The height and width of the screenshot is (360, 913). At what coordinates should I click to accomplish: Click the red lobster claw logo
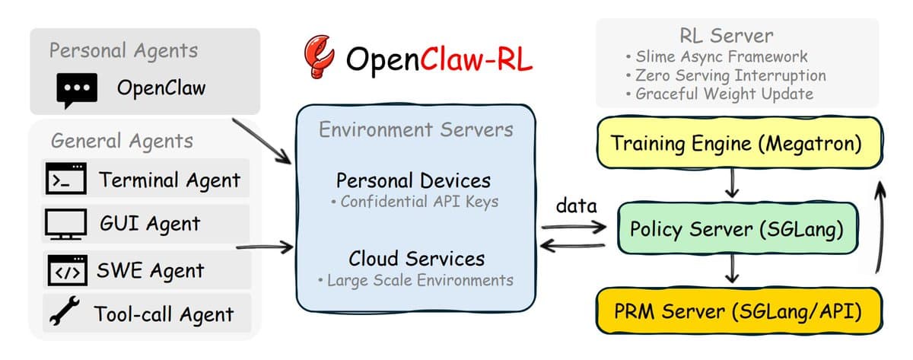[319, 57]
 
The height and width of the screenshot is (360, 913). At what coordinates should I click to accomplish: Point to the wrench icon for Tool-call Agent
[64, 312]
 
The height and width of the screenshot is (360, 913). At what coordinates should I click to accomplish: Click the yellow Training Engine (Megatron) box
[736, 143]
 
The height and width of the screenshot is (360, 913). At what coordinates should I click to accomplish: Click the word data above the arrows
[576, 205]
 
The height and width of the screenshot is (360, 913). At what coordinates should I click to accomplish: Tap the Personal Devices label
[413, 181]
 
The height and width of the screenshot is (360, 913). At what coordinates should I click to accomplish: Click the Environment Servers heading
[415, 130]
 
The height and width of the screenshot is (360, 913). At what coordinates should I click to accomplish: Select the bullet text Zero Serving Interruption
[730, 75]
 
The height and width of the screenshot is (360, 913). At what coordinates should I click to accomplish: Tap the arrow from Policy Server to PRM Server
[733, 269]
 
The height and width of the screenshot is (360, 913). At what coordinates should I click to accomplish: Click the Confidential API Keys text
[415, 202]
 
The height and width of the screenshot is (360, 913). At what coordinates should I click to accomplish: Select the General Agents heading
[122, 141]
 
